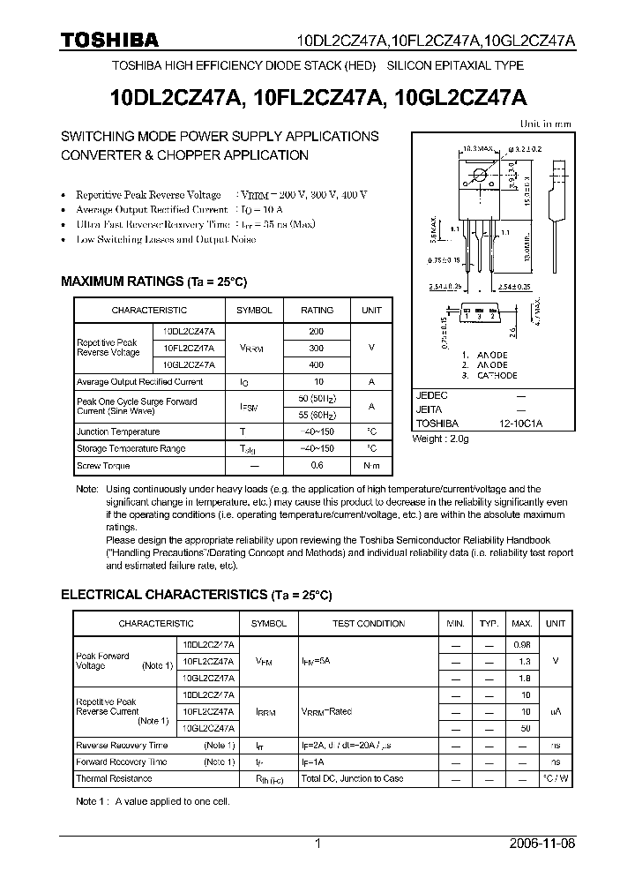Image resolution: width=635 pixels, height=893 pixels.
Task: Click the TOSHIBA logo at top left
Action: tap(109, 40)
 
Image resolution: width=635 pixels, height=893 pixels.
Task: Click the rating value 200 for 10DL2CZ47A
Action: tap(317, 331)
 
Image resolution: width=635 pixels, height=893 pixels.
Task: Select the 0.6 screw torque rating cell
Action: tap(317, 466)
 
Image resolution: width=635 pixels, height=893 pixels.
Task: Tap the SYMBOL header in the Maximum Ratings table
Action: tap(254, 311)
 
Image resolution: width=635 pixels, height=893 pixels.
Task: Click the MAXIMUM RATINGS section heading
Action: tap(153, 281)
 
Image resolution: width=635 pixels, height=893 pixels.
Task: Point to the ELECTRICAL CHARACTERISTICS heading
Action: tap(196, 596)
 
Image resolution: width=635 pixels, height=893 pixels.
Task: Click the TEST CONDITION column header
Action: tap(369, 624)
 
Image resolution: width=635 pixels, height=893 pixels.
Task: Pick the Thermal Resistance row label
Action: tap(114, 778)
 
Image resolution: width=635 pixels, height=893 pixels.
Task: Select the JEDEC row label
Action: tap(431, 396)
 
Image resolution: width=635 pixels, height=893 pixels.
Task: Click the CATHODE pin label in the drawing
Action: tap(496, 376)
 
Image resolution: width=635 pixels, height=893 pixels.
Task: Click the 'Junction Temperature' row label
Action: tap(118, 431)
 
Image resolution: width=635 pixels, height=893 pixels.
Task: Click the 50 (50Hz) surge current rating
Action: tap(317, 398)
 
